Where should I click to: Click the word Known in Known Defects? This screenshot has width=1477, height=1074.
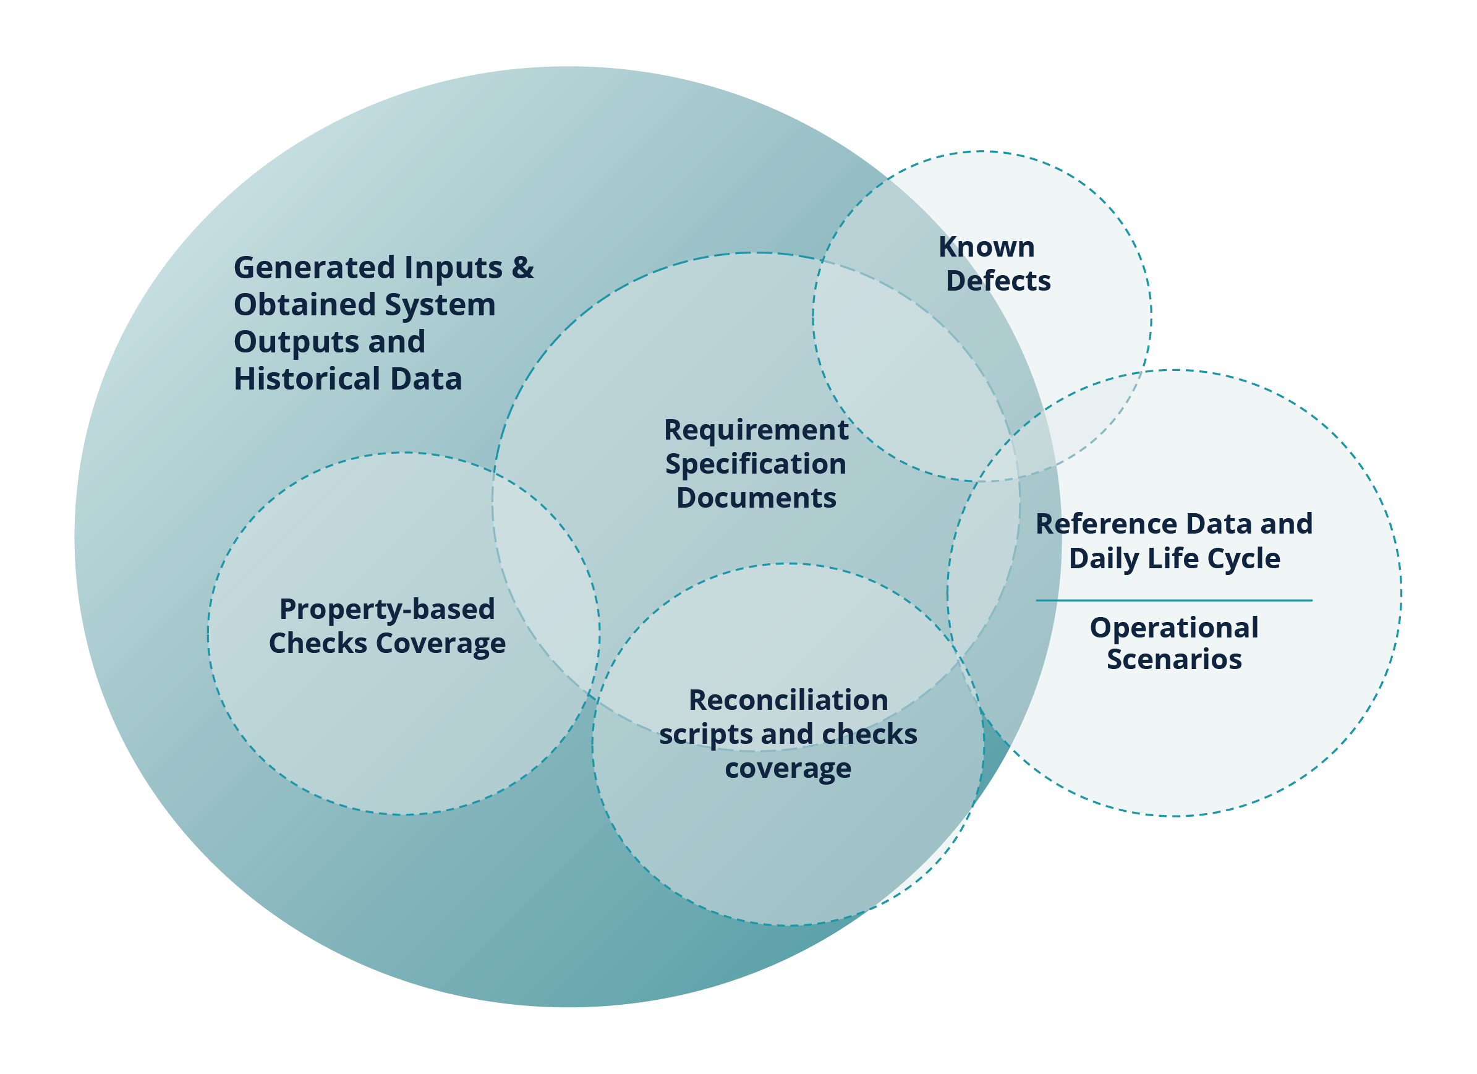pos(986,247)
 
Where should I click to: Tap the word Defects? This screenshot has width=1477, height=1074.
pos(998,281)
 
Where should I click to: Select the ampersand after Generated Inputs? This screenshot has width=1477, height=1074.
pos(522,268)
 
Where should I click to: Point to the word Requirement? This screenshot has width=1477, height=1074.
pos(756,430)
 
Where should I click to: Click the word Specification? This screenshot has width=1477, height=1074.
pos(756,464)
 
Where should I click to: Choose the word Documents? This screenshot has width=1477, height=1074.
pos(756,498)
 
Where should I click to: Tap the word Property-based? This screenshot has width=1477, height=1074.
pos(387,610)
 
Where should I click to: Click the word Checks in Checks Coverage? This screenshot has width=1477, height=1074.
pos(318,644)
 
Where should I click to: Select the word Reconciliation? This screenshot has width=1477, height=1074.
pos(788,700)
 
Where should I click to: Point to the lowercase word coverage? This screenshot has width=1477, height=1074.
pos(788,769)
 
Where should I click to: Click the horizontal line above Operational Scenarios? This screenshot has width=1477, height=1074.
pos(1173,600)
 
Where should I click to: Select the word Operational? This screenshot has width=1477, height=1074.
pos(1173,628)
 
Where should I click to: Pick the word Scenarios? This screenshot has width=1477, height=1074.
pos(1173,659)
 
